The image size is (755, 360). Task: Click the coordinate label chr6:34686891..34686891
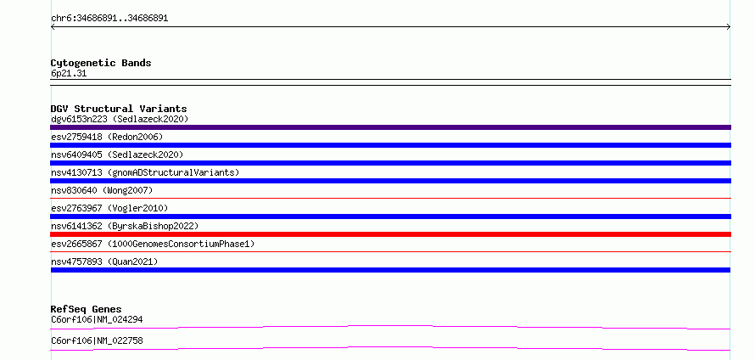[109, 19]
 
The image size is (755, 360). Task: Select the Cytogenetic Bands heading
[101, 63]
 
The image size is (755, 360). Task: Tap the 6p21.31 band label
[69, 74]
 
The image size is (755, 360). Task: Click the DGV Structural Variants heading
[119, 109]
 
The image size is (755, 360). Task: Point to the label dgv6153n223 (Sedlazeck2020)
[120, 119]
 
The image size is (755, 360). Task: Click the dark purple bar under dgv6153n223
[390, 127]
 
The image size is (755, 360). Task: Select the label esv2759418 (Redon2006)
[107, 137]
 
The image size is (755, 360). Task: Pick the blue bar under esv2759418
[390, 145]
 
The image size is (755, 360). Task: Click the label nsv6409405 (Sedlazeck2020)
[117, 155]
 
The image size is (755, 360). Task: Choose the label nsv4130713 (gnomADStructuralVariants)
[145, 172]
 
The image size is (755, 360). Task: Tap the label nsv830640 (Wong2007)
[102, 190]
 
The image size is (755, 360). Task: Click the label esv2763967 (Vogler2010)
[109, 208]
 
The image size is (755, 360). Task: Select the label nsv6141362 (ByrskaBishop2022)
[125, 226]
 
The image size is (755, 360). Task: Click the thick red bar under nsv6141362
[390, 234]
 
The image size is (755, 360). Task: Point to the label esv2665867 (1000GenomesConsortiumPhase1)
[153, 244]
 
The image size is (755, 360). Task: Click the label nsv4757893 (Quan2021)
[104, 262]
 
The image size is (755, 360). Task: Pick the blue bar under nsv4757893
[390, 270]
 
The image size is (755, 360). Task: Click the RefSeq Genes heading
[87, 309]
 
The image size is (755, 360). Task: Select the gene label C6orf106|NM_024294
[97, 319]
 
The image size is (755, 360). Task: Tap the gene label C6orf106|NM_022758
[97, 340]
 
